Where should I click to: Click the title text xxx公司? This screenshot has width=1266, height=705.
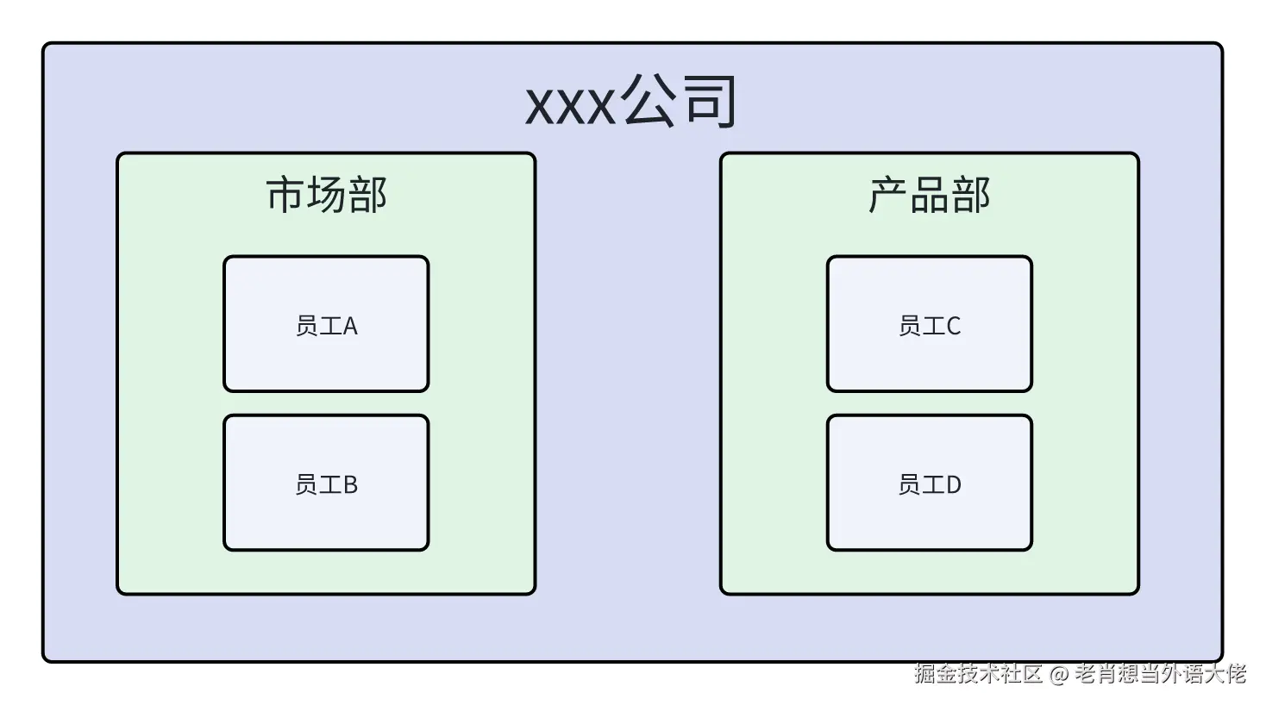(631, 102)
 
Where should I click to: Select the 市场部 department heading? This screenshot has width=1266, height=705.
(326, 195)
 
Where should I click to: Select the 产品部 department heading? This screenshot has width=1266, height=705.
(929, 195)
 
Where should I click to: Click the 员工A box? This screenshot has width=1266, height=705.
(326, 324)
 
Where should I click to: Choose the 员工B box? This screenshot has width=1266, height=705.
(326, 483)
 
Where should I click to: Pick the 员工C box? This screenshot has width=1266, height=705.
(929, 324)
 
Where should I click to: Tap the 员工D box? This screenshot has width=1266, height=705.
(929, 483)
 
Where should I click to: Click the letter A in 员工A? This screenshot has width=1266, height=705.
(350, 326)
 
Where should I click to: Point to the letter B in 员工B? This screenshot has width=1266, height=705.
(350, 485)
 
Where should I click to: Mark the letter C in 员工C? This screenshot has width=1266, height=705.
(953, 326)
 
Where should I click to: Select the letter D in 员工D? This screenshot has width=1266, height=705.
(953, 485)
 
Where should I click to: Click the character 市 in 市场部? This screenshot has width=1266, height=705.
(285, 195)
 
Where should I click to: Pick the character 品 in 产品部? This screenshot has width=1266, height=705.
(929, 195)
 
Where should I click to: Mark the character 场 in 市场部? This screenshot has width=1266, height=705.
(326, 195)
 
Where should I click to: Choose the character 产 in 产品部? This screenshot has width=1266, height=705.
(888, 195)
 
